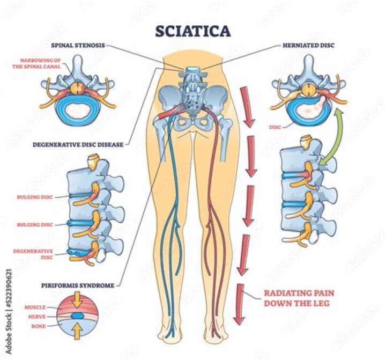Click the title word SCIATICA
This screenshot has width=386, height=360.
pos(192,31)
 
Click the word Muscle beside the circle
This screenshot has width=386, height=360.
pos(35,307)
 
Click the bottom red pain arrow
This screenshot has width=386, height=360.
pos(239,303)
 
